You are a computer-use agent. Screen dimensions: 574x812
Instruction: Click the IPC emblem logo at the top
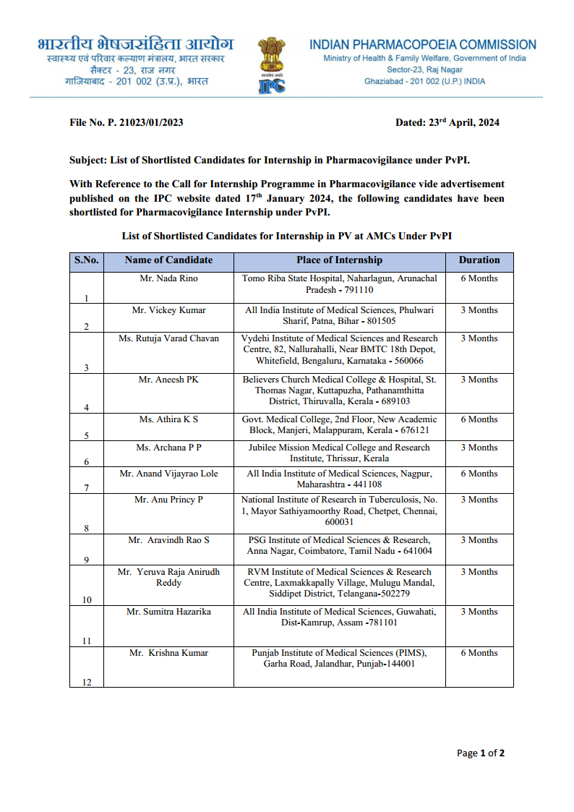271,65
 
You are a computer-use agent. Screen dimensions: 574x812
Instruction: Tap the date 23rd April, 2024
447,122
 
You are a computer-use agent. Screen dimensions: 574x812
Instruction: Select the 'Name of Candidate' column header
168,260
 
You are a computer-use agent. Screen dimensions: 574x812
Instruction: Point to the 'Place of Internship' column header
339,260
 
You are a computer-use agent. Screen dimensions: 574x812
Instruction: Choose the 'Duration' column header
479,260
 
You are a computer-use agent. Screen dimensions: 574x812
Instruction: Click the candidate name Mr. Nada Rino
168,278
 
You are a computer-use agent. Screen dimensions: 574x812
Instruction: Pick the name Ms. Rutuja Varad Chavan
168,338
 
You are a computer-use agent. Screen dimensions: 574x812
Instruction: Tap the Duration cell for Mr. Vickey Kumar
479,310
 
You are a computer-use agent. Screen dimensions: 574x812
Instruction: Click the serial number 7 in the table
87,487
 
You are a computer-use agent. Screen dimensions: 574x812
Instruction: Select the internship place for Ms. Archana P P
339,453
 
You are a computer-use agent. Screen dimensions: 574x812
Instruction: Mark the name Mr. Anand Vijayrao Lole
168,474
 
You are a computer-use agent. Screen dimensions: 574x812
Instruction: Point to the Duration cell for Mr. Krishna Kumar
479,653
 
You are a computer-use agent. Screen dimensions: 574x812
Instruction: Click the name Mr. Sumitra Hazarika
168,612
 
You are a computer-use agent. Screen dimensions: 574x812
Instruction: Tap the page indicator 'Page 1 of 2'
480,753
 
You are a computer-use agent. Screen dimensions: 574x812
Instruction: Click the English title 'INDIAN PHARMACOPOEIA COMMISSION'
423,45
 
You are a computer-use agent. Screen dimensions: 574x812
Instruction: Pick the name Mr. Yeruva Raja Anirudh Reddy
168,577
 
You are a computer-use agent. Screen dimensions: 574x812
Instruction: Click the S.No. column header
87,260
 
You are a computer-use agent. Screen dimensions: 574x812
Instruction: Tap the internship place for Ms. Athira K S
339,424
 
